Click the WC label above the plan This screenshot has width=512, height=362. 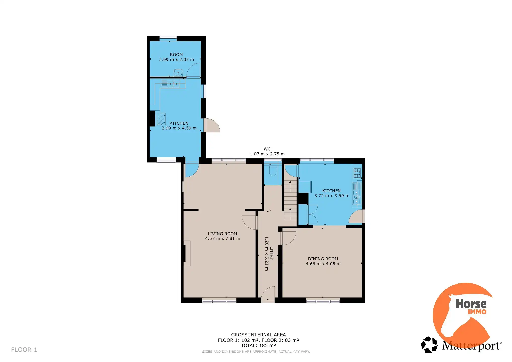point(267,149)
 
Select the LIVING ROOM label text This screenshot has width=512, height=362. point(222,234)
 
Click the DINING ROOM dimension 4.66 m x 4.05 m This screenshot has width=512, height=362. point(323,264)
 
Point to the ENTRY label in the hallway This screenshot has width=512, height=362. point(272,253)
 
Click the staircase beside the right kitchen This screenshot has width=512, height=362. point(290,200)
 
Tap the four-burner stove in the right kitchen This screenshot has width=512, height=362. point(357,173)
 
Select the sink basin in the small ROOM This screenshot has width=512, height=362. point(178,73)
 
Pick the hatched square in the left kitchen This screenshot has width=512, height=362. point(161,119)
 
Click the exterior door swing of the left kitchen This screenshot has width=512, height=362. point(212,125)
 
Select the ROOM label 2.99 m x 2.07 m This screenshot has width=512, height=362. point(176,57)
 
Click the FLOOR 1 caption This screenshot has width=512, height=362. point(24,350)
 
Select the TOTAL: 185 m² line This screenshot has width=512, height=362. point(258,346)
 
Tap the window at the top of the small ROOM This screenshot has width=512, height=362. point(168,38)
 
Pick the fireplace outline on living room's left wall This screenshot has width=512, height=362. point(187,253)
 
